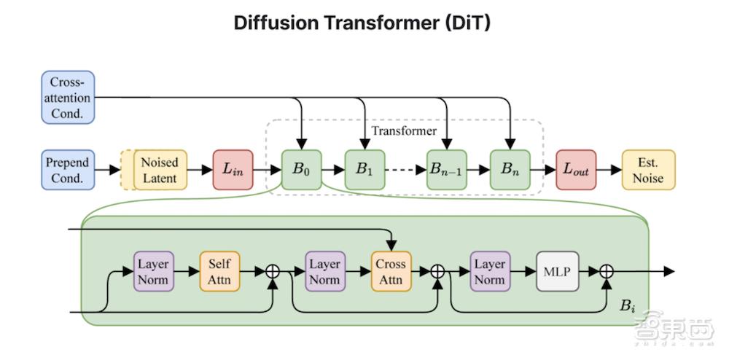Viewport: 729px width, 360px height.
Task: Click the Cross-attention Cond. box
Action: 67,98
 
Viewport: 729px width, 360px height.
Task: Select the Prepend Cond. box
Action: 67,170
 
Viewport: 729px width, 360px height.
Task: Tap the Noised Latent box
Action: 159,170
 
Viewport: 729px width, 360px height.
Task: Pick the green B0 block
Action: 301,170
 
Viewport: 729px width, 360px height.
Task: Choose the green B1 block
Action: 364,170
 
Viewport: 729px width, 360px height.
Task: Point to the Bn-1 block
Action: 447,170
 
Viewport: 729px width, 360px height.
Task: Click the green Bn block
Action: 510,170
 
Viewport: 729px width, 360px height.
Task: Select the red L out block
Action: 575,170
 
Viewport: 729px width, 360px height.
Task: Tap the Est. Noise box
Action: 648,170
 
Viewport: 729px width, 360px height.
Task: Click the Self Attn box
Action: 219,271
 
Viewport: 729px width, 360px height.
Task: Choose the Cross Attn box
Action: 391,271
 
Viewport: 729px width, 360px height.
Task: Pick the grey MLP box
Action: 557,271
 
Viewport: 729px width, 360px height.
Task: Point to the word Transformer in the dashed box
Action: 404,131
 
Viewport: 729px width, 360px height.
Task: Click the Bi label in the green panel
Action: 628,306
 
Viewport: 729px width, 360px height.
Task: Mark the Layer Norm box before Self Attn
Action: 153,271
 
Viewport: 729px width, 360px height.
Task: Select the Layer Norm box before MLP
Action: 490,271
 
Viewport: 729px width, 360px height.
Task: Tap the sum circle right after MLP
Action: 607,271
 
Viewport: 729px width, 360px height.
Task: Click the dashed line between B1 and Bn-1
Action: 405,170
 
